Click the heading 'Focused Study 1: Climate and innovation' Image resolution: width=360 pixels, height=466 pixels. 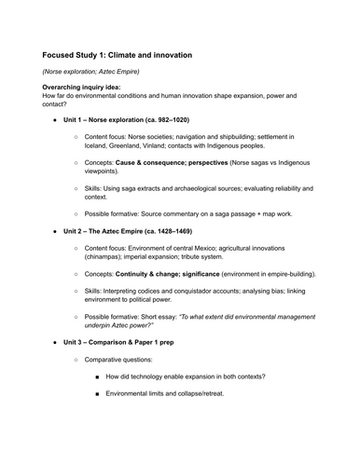click(x=118, y=55)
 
